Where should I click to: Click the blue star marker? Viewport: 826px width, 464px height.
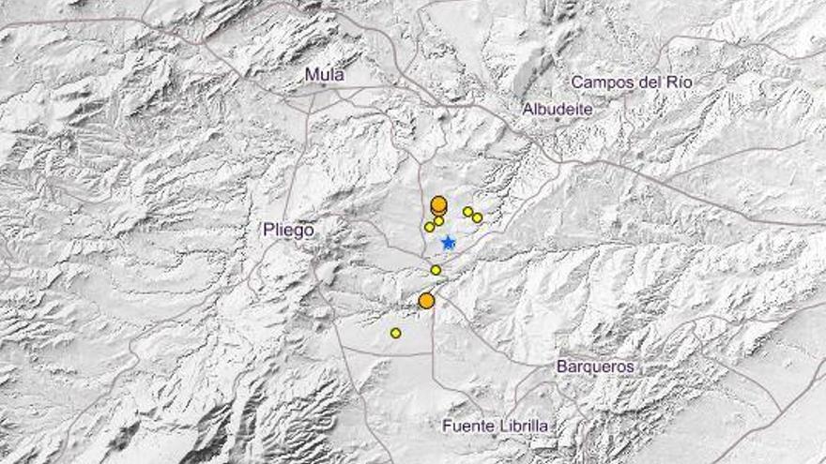[x=449, y=243]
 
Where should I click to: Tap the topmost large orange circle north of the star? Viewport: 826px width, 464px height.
[x=438, y=203]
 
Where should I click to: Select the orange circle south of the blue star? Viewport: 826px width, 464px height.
[x=426, y=301]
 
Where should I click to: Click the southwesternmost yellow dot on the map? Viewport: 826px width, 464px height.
[x=395, y=333]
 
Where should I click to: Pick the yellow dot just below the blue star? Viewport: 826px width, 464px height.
[x=436, y=270]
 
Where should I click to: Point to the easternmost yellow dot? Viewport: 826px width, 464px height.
[x=477, y=217]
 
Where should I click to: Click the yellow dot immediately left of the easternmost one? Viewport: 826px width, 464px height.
[x=467, y=212]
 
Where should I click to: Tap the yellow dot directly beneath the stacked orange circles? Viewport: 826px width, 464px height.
[x=438, y=221]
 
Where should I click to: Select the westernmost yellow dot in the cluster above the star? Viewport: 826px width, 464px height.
[x=429, y=227]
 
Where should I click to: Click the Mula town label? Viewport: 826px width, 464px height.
[x=325, y=75]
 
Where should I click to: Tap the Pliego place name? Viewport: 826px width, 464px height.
[x=288, y=230]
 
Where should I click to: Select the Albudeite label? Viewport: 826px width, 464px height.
[x=558, y=109]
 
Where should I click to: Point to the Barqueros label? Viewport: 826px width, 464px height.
[x=595, y=367]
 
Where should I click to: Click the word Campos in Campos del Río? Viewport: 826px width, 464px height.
[x=601, y=82]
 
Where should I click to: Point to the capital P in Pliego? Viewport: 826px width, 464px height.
[x=269, y=230]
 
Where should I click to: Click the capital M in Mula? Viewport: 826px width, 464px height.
[x=312, y=75]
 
